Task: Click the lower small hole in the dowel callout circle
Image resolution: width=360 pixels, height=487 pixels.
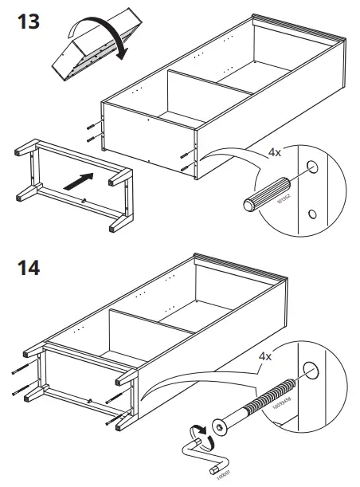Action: [313, 213]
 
